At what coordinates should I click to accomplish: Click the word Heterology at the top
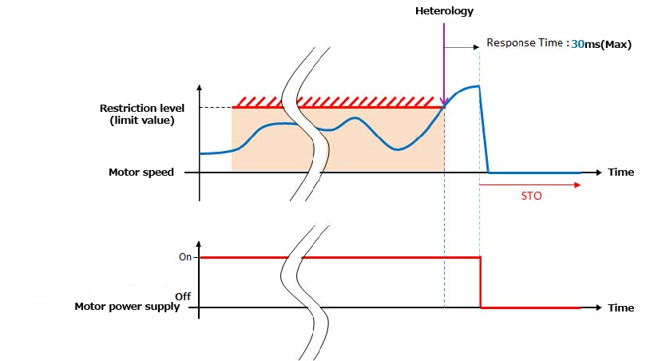[444, 11]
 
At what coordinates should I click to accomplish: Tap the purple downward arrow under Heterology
[443, 64]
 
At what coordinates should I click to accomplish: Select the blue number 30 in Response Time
[577, 45]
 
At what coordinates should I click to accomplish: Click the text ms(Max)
[608, 45]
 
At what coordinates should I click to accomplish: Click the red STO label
[530, 196]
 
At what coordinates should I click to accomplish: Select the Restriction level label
[142, 108]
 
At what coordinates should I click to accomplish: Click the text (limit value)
[142, 120]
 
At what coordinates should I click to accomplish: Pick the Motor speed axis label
[141, 172]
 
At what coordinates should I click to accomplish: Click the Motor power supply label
[128, 307]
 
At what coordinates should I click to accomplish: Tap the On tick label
[184, 257]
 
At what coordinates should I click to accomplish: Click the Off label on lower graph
[183, 296]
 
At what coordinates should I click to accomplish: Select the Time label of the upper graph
[620, 172]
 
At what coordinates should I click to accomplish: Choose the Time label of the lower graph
[620, 307]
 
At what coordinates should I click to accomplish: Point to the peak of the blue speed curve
[476, 86]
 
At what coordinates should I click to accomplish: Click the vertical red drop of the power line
[481, 282]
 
